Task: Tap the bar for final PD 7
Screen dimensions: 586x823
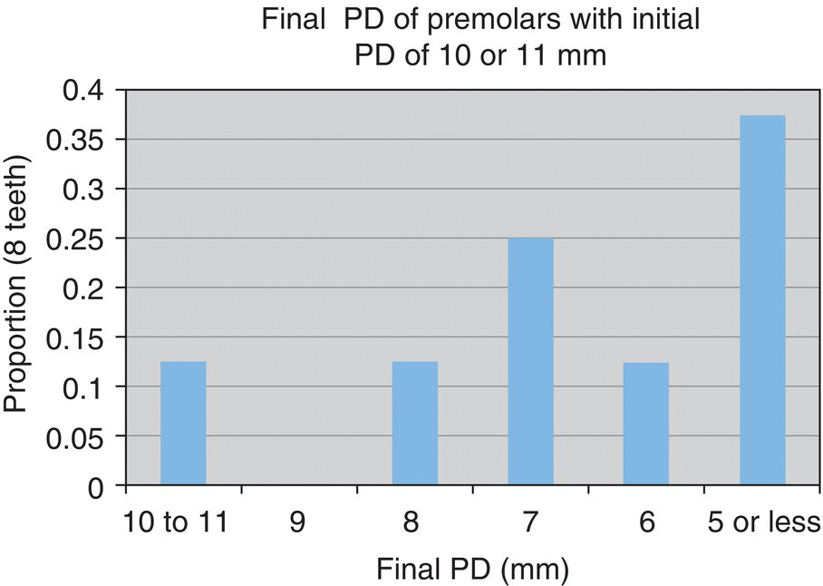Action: (x=530, y=362)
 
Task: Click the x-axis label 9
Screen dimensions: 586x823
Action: (x=299, y=523)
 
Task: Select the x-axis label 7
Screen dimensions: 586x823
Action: (x=530, y=523)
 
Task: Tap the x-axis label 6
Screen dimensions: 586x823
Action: (x=646, y=523)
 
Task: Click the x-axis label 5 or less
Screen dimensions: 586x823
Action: (x=763, y=523)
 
